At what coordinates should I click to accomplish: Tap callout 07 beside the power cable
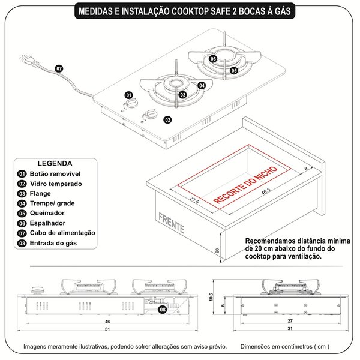coord(59,69)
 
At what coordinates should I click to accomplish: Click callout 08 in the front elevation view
coord(163,310)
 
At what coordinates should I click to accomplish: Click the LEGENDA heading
coord(55,163)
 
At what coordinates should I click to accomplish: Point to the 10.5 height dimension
coord(221,297)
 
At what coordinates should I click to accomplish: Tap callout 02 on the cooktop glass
coord(167,120)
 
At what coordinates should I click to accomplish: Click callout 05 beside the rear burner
coord(233,70)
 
